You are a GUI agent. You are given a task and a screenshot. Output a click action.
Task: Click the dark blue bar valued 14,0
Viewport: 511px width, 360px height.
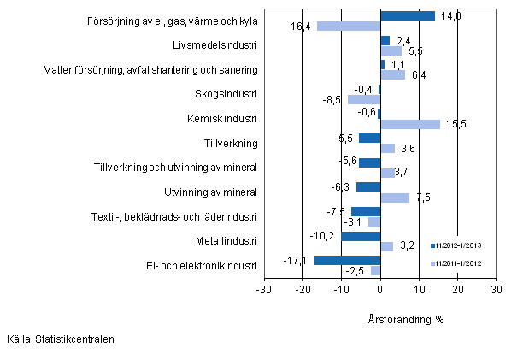tap(407, 15)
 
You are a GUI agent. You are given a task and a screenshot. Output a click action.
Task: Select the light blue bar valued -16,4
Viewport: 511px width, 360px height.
tap(349, 26)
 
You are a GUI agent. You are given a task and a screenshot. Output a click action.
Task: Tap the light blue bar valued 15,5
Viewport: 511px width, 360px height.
tap(410, 124)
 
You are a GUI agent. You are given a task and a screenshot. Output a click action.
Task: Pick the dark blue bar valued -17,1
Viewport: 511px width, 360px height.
tap(347, 261)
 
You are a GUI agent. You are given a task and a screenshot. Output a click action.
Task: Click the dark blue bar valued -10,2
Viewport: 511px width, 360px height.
tap(360, 237)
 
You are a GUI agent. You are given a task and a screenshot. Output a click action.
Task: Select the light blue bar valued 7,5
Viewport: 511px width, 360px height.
tap(395, 198)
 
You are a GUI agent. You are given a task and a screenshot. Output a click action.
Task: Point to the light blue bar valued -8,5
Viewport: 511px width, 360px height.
tap(364, 99)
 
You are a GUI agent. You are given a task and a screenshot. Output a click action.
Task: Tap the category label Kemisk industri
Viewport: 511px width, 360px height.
tap(226, 118)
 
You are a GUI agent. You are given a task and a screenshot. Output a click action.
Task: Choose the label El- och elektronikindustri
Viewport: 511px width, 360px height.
tap(204, 266)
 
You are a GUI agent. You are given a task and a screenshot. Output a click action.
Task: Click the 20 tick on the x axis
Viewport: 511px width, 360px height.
tap(457, 290)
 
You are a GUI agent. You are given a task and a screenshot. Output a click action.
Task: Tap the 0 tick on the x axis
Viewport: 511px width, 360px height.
tap(380, 290)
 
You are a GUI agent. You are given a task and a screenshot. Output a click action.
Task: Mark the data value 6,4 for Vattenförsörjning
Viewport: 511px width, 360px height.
tap(419, 75)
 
